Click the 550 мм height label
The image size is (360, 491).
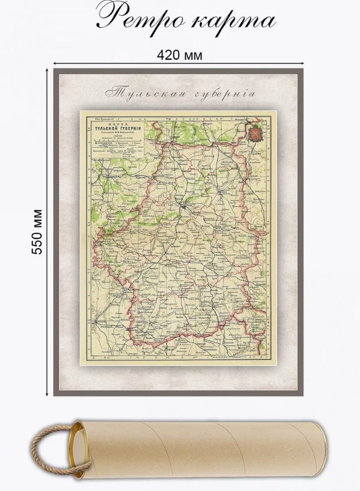[x=38, y=231]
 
